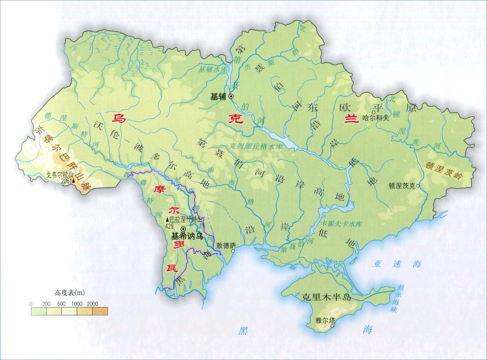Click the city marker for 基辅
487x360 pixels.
coord(231,97)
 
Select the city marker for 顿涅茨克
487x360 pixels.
coord(418,185)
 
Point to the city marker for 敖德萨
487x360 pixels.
coord(233,252)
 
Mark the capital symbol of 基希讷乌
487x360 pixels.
coord(183,229)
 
